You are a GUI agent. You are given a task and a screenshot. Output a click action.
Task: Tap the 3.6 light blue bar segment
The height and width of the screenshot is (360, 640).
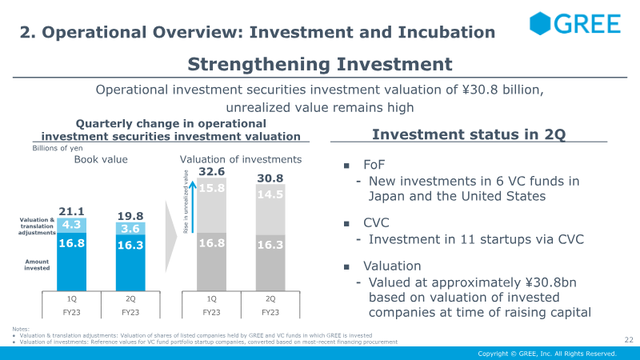[x=130, y=229]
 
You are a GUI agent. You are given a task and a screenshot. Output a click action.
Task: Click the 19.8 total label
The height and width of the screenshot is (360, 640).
[x=130, y=215]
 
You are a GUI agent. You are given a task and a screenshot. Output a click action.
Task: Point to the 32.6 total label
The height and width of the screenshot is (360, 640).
[x=211, y=171]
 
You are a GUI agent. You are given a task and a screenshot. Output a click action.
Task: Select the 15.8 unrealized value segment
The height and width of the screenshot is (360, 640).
[x=211, y=189]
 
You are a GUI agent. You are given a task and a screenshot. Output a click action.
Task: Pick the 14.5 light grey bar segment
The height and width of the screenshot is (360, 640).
[x=270, y=194]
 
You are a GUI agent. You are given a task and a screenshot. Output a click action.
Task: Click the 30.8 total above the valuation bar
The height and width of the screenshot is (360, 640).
[x=270, y=178]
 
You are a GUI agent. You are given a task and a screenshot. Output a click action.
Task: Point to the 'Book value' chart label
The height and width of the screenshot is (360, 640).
[x=101, y=159]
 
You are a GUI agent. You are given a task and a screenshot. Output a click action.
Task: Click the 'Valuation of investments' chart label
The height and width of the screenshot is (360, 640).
[x=241, y=159]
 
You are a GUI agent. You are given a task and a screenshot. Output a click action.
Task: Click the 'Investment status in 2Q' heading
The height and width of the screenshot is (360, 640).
[x=469, y=134]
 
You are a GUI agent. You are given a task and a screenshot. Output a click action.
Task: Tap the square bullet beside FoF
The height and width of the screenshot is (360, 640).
[x=347, y=165]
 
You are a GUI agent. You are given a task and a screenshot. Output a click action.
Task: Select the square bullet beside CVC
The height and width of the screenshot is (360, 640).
[x=347, y=223]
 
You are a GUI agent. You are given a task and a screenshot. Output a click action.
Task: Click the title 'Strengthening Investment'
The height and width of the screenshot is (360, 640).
[x=320, y=63]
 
